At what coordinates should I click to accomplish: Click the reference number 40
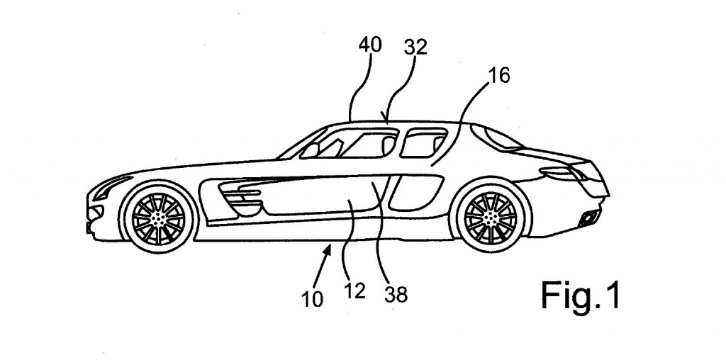(369, 45)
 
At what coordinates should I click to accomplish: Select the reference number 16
(499, 76)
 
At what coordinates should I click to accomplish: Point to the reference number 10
(312, 298)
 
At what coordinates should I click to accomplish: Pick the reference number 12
(354, 291)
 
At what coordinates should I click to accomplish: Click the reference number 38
(397, 293)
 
